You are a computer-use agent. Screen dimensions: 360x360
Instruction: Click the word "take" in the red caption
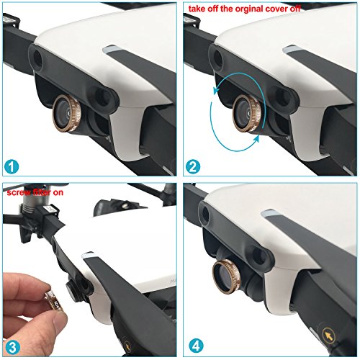197,9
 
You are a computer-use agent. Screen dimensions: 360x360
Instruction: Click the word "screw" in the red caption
17,193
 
